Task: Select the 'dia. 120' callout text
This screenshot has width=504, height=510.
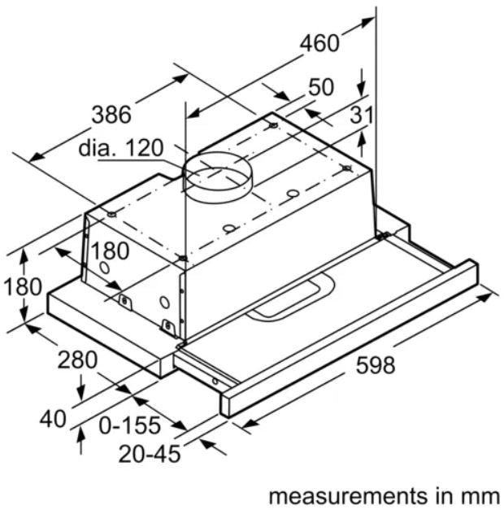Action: point(121,149)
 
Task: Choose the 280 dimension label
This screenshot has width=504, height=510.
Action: point(76,358)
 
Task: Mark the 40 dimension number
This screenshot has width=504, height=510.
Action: point(54,418)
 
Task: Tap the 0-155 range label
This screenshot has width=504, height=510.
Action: point(130,425)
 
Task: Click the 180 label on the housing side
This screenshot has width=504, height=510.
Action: point(109,251)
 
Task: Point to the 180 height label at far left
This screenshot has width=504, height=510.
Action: point(22,287)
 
